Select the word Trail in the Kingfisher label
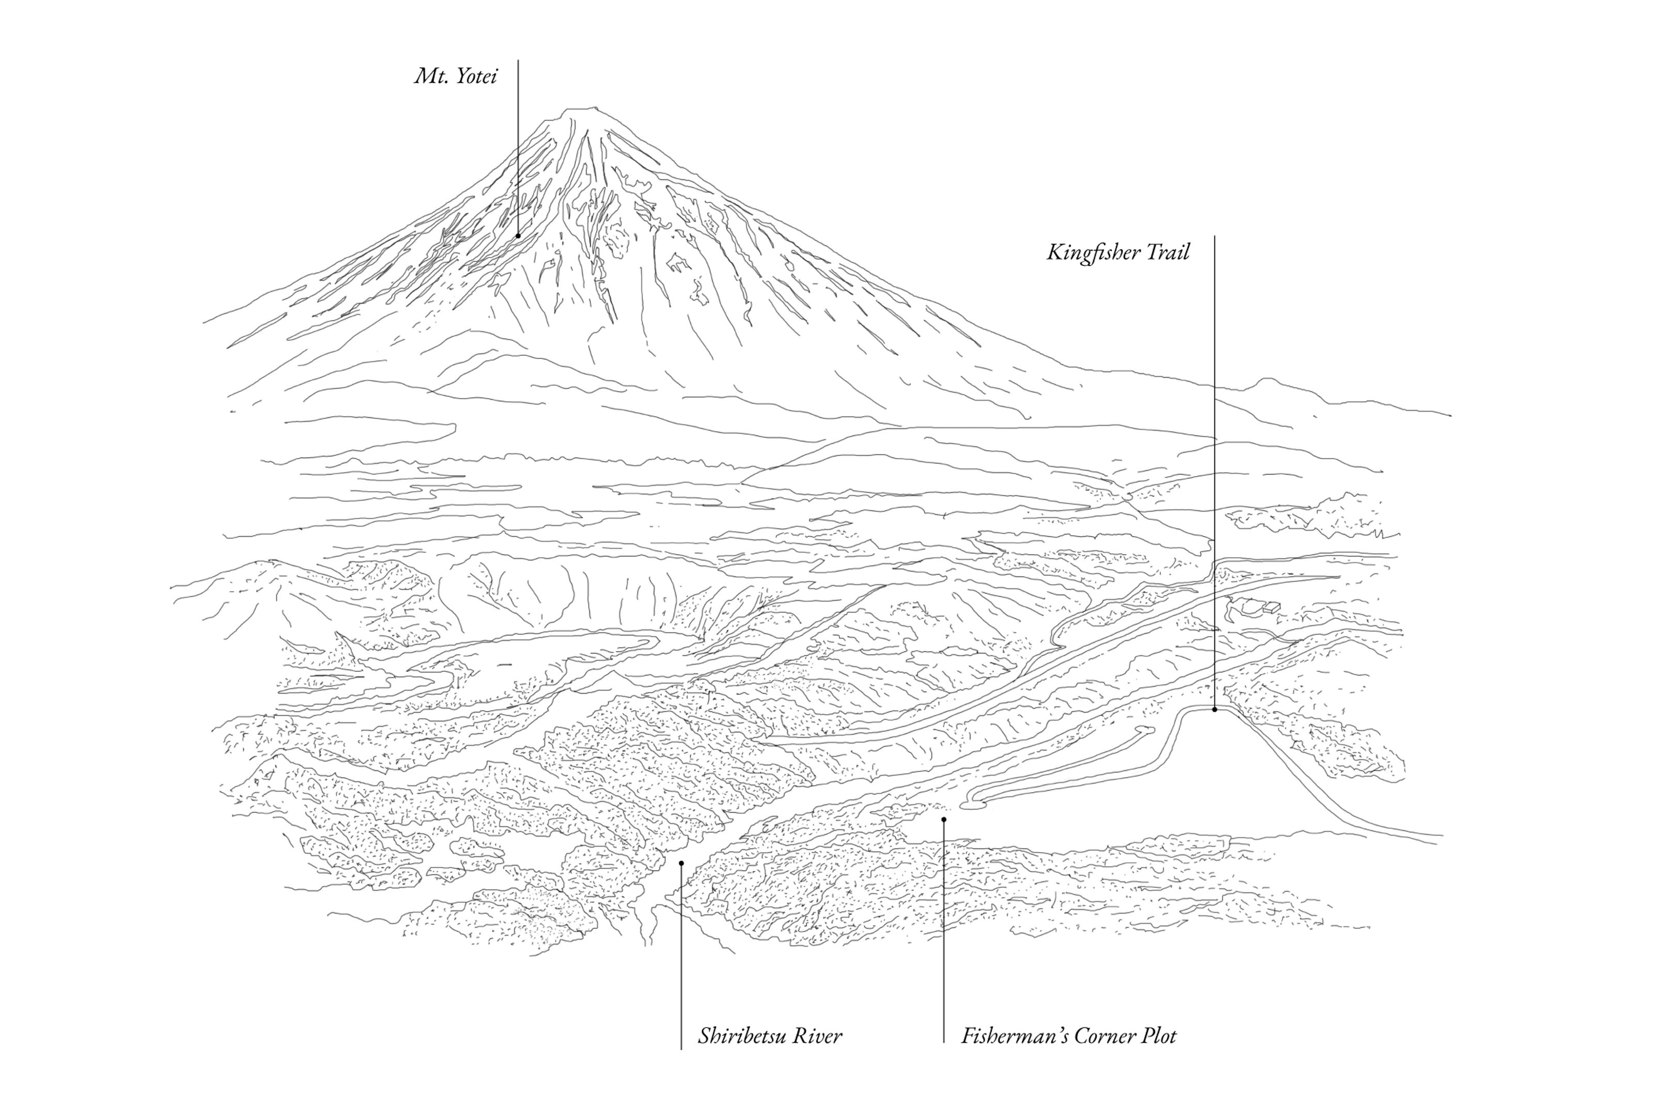click(1168, 252)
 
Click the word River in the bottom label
click(821, 1036)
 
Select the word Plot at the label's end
click(1159, 1036)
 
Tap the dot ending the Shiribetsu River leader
click(681, 863)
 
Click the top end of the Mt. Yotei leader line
click(518, 61)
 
